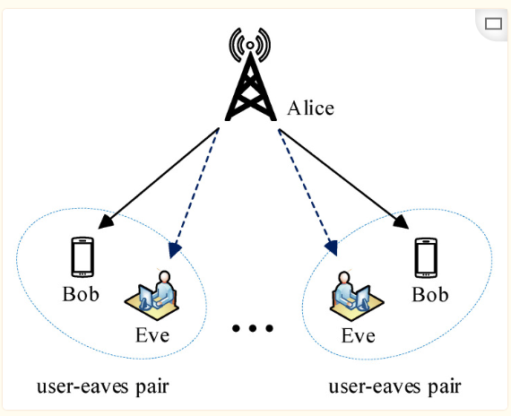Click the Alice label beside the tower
[x=310, y=108]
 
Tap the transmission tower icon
[x=250, y=85]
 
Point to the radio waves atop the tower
[x=250, y=42]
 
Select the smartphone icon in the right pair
[x=428, y=257]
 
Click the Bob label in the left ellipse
[x=81, y=294]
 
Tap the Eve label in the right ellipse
[x=358, y=337]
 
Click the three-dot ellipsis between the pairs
[x=251, y=329]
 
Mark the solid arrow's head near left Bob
[x=111, y=221]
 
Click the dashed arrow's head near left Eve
[x=174, y=247]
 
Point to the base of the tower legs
[x=250, y=118]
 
